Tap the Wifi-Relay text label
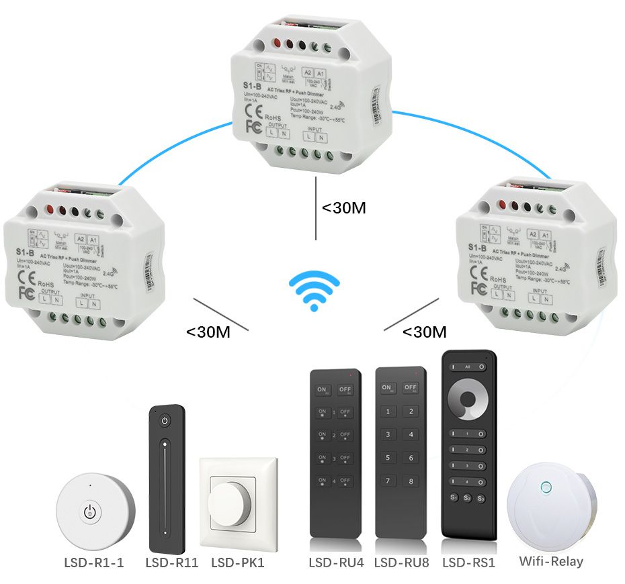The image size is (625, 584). pos(551,561)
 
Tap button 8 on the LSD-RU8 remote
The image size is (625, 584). pos(409,481)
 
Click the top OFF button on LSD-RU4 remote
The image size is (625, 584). pos(345,389)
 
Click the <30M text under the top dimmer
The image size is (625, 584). pos(343,207)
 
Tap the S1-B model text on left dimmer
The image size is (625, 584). pos(26,253)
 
